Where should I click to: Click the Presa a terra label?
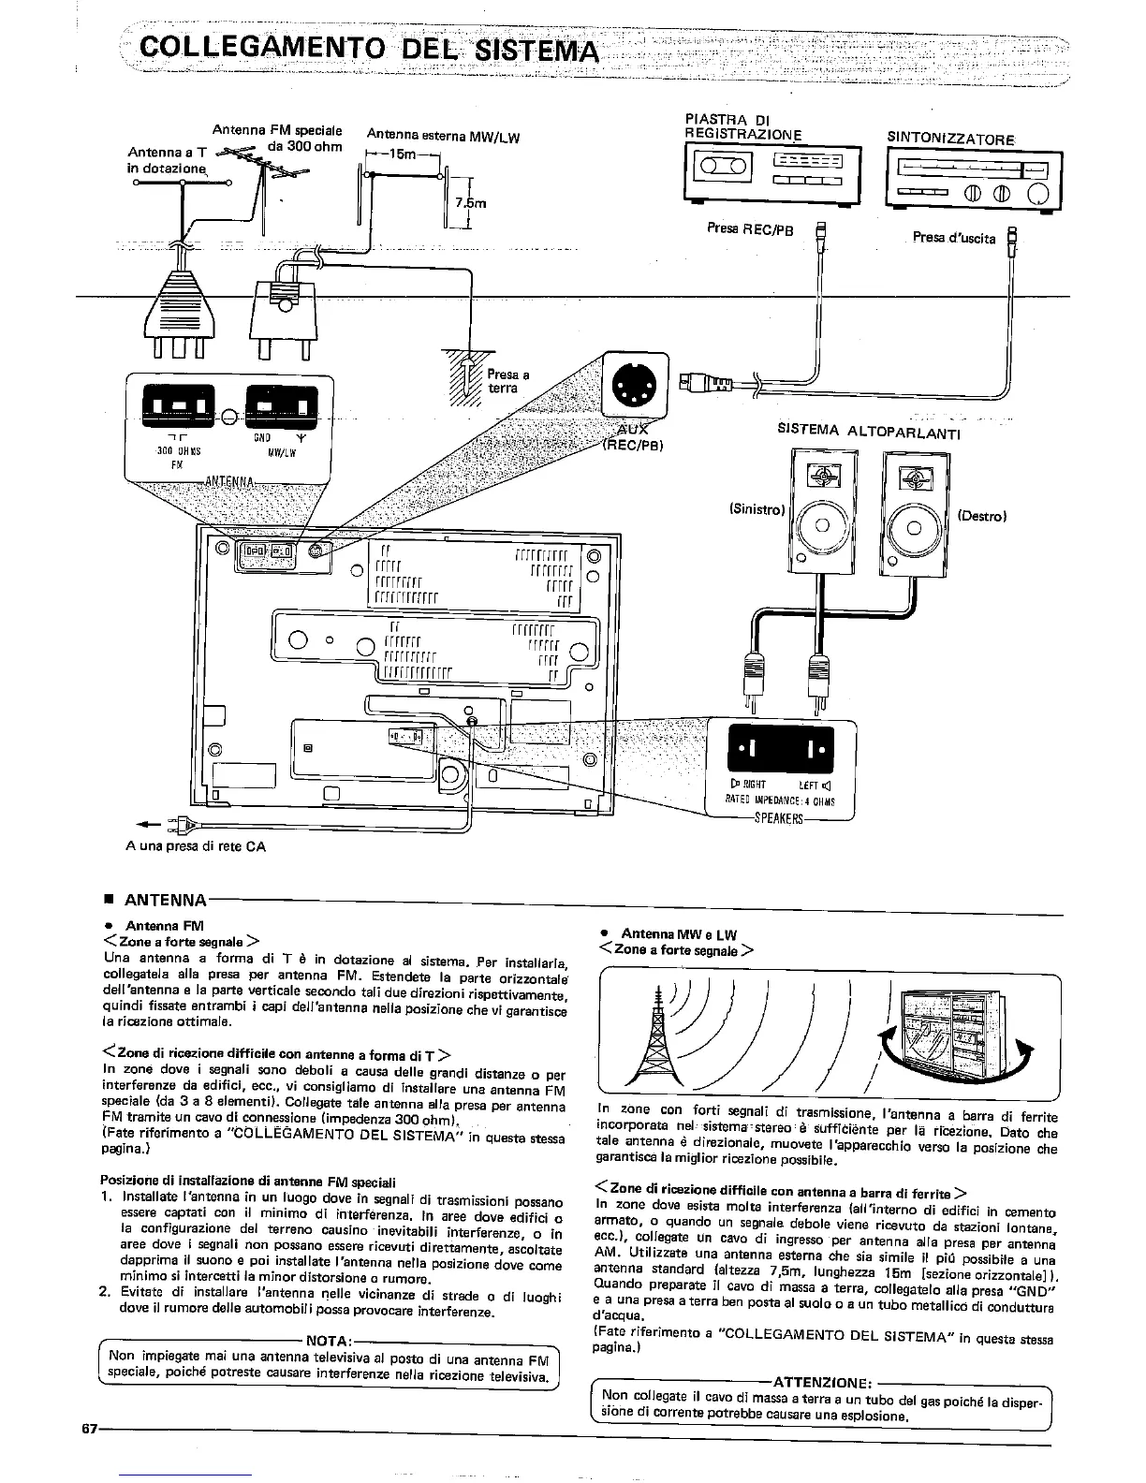click(507, 381)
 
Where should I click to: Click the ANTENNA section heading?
click(165, 901)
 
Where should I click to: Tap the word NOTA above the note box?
click(329, 1341)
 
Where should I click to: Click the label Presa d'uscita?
click(953, 238)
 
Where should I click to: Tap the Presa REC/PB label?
click(751, 229)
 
